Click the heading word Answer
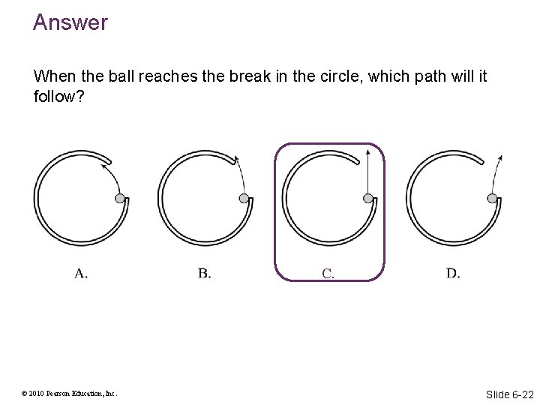pyautogui.click(x=70, y=22)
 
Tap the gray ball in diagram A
pyautogui.click(x=119, y=198)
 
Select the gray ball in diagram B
pyautogui.click(x=244, y=198)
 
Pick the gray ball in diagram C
pyautogui.click(x=367, y=198)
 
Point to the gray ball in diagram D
pyautogui.click(x=492, y=198)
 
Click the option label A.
pyautogui.click(x=81, y=273)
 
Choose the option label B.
pyautogui.click(x=205, y=273)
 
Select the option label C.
pyautogui.click(x=328, y=273)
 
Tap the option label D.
pyautogui.click(x=453, y=273)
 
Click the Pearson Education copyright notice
pyautogui.click(x=69, y=394)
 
